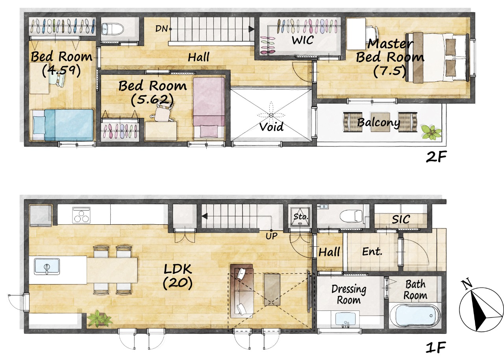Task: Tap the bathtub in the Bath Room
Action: click(x=415, y=315)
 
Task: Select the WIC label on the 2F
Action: click(x=303, y=40)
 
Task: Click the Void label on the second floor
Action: click(x=271, y=127)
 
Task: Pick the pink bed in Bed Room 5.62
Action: click(x=209, y=107)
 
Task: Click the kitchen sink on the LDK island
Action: click(x=47, y=266)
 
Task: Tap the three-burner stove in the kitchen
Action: click(x=81, y=215)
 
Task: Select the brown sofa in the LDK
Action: click(x=242, y=291)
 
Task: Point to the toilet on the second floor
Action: click(x=113, y=29)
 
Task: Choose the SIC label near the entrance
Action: click(x=401, y=219)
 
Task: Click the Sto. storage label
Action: click(x=300, y=217)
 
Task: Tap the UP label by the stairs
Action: click(x=271, y=236)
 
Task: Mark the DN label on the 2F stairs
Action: click(x=161, y=29)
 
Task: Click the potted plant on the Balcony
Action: click(x=431, y=132)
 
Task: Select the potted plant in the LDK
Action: click(x=100, y=318)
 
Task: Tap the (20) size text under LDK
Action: click(x=178, y=283)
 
